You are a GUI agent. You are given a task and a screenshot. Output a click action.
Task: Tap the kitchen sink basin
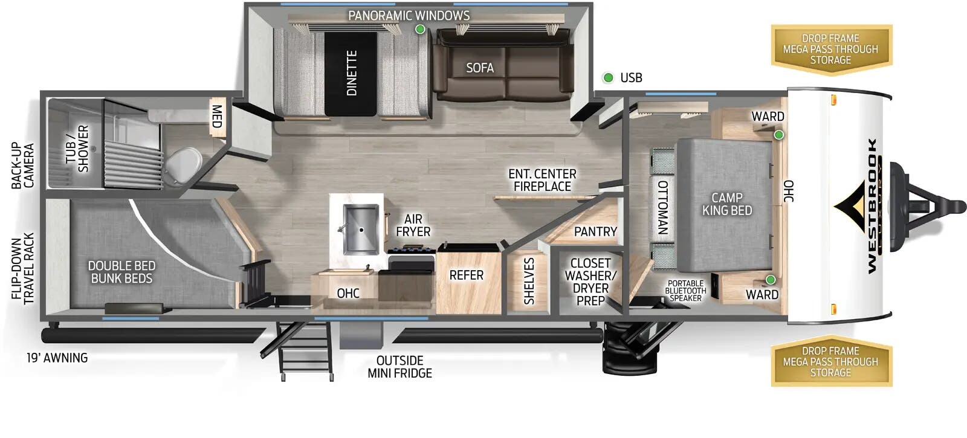[361, 230]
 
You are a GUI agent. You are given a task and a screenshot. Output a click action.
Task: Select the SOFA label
[480, 68]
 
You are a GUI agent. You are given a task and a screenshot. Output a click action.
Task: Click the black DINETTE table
[351, 73]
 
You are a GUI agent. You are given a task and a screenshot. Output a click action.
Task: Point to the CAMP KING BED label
[727, 204]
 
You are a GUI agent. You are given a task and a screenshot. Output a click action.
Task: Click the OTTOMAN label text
[662, 207]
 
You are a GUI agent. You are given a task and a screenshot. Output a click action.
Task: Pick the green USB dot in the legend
[609, 77]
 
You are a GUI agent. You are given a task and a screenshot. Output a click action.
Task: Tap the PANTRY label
[595, 231]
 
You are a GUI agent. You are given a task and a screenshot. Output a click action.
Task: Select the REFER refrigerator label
[467, 275]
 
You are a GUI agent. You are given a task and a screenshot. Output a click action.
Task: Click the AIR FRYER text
[413, 225]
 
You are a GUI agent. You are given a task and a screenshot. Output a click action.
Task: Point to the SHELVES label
[529, 281]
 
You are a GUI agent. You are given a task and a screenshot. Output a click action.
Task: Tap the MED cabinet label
[216, 116]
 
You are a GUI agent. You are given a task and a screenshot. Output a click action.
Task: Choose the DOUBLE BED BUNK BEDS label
[121, 272]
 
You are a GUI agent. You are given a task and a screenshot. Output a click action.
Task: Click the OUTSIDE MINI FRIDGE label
[399, 367]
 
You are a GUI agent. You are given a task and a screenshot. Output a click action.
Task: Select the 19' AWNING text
[57, 358]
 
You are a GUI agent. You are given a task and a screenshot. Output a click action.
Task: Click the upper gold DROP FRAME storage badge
[830, 49]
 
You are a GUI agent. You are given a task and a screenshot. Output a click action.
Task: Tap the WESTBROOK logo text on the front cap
[872, 205]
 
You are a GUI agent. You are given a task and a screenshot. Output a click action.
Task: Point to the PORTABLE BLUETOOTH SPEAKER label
[685, 291]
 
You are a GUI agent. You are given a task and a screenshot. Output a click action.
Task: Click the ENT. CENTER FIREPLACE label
[542, 180]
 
